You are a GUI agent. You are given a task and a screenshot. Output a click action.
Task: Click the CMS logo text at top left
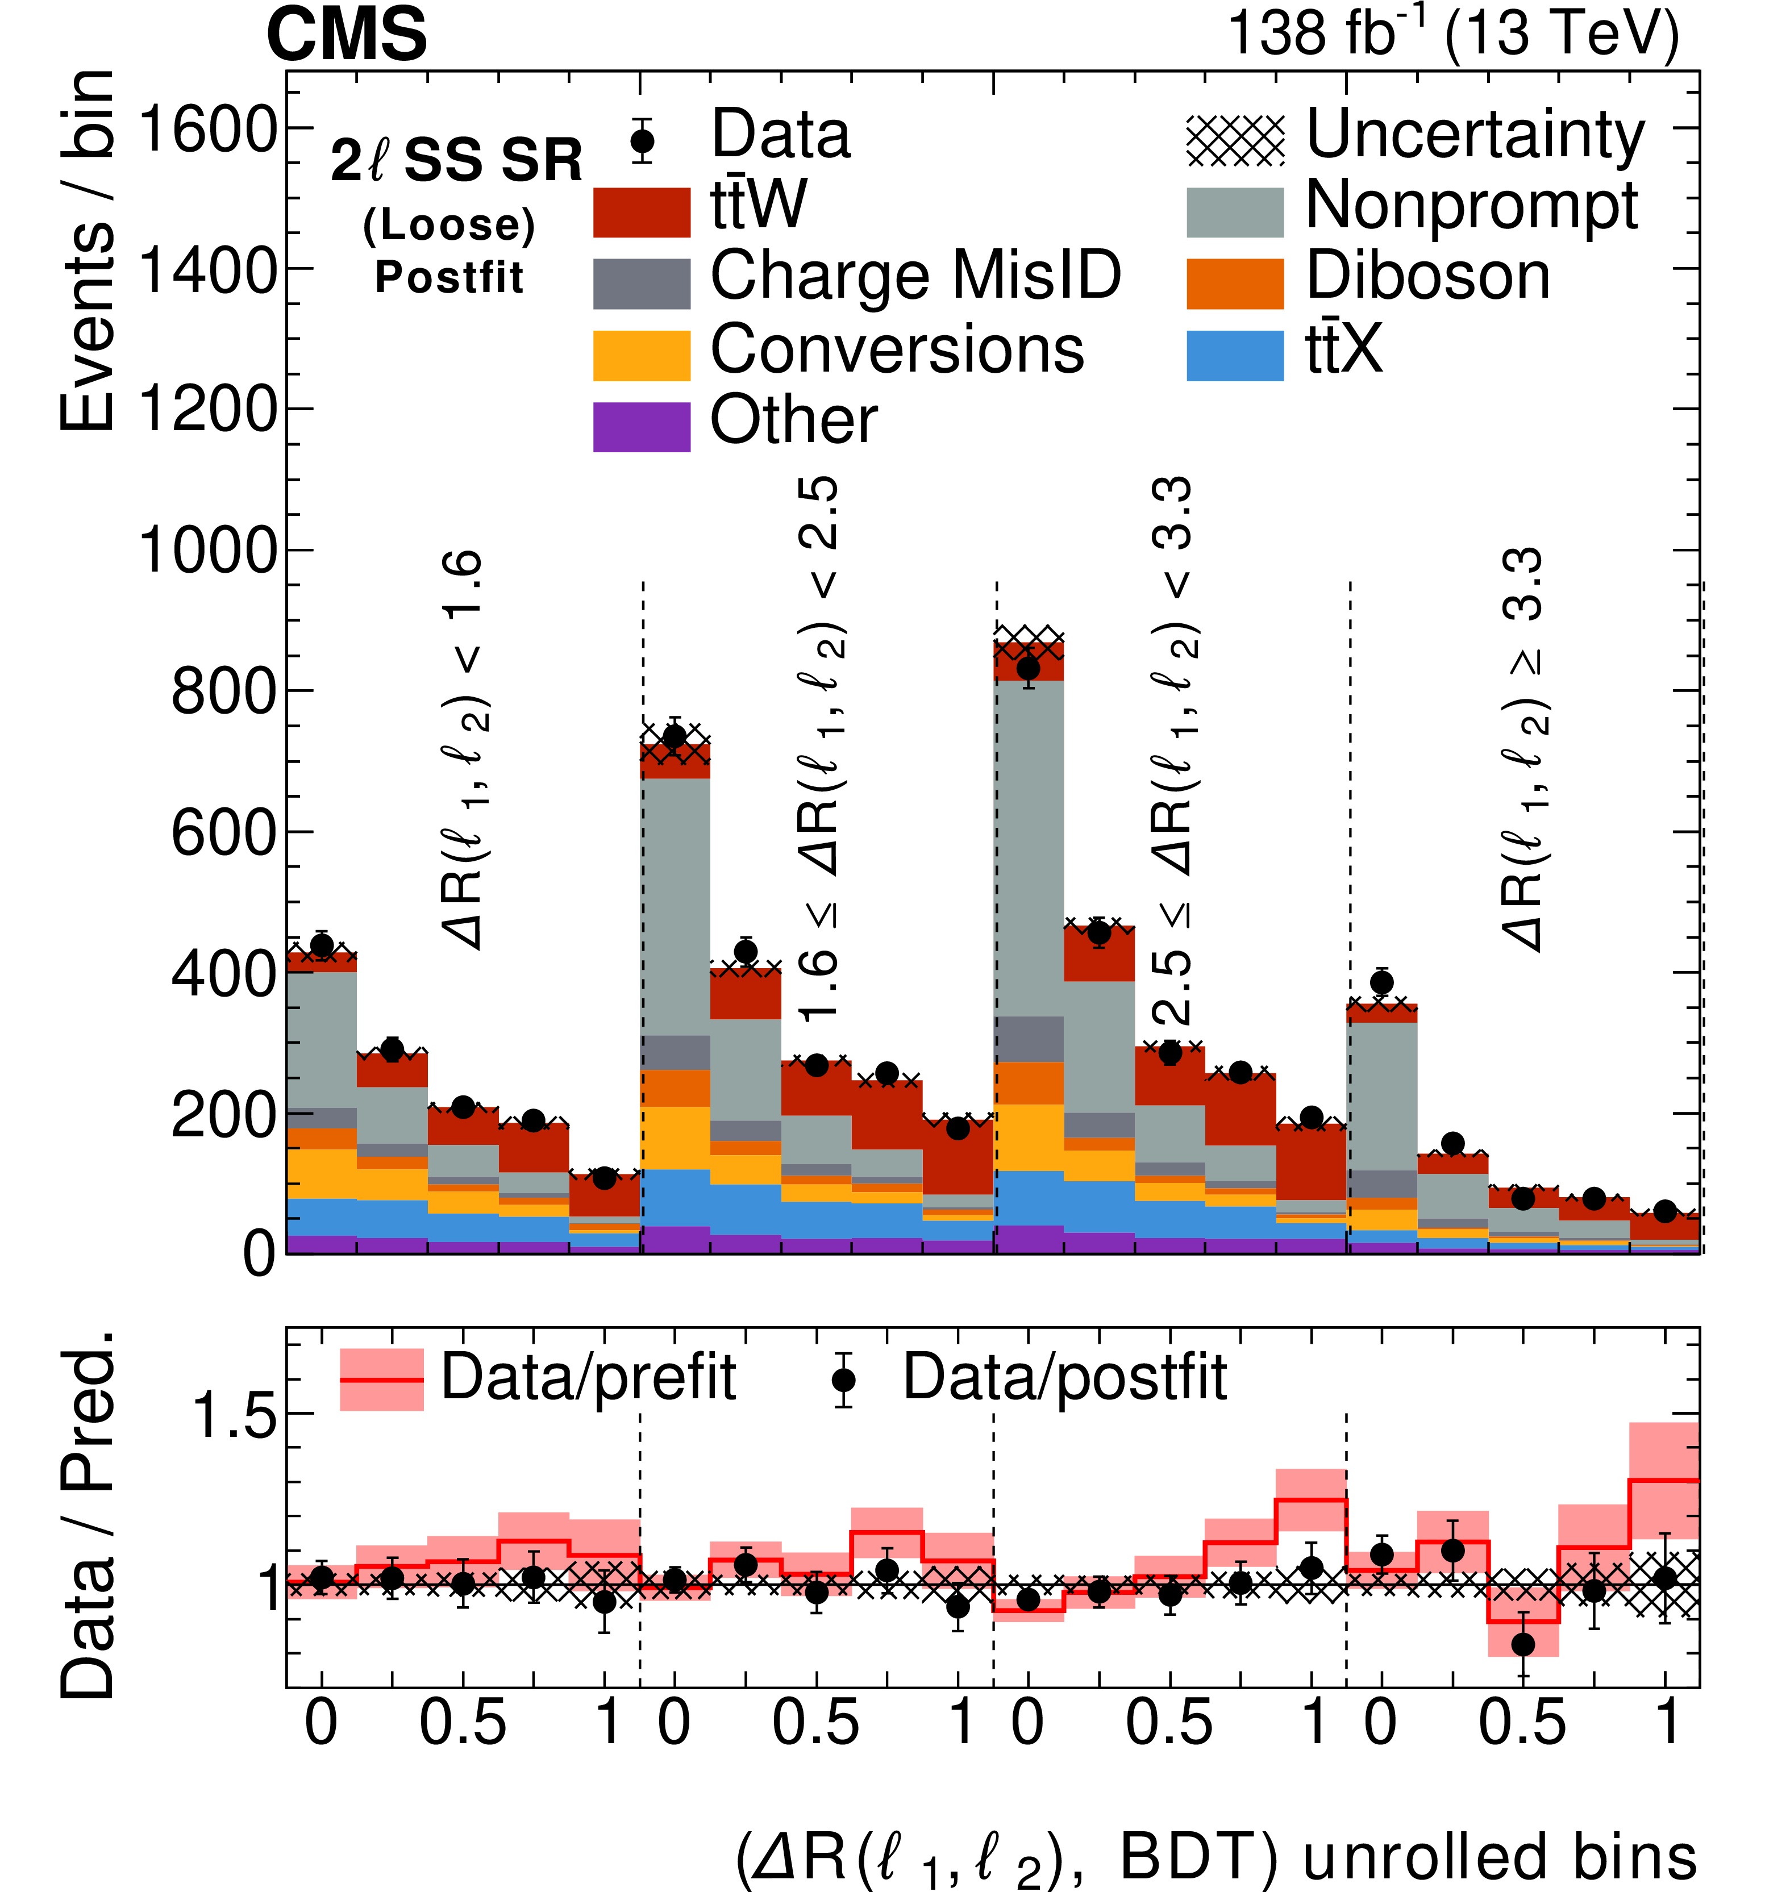point(347,34)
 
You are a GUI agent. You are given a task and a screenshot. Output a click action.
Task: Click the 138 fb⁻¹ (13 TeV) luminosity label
point(1452,34)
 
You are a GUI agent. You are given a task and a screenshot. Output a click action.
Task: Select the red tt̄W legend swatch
point(641,212)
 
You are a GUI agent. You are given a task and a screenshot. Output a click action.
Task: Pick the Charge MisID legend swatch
point(641,284)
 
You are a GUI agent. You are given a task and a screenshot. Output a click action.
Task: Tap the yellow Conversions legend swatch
point(641,355)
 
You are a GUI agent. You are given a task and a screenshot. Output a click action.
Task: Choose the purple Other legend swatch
point(641,427)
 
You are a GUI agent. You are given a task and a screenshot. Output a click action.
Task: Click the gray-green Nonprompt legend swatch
point(1235,212)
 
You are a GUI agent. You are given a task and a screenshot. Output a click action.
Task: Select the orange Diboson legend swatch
point(1235,284)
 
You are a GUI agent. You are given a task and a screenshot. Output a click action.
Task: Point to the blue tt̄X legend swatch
point(1235,355)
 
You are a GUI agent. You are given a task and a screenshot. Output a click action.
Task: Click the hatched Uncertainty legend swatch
point(1235,140)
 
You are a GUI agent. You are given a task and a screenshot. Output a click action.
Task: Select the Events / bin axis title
point(88,250)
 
